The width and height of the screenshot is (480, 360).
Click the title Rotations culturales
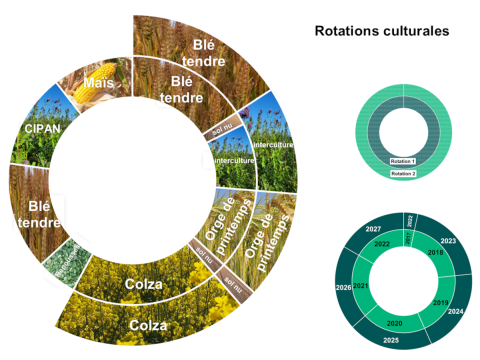[381, 31]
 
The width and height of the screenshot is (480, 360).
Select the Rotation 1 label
[402, 160]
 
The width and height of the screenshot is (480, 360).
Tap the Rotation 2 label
[402, 173]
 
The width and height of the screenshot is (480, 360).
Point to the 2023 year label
[447, 241]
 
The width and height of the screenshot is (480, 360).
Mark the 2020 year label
[393, 324]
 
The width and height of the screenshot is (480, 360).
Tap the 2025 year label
[391, 341]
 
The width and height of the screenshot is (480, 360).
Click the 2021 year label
[361, 288]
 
